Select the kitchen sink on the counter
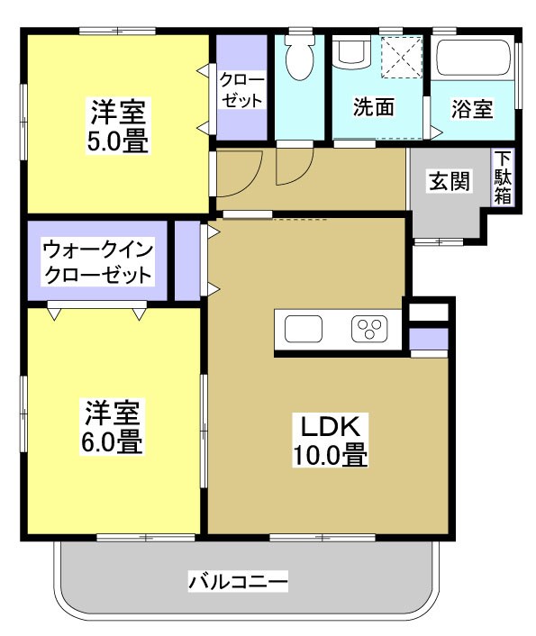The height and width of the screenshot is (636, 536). (303, 330)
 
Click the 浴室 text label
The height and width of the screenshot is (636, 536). (472, 109)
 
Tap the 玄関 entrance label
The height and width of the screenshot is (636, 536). (448, 181)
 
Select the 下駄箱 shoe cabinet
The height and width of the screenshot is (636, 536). (502, 177)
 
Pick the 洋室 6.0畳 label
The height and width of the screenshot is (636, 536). (113, 427)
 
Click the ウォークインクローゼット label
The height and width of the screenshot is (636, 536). (97, 260)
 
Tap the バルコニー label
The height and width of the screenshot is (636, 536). (238, 582)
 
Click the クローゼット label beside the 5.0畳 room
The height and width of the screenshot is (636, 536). (241, 90)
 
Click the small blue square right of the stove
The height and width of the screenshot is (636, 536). (428, 339)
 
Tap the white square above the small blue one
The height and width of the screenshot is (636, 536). (428, 313)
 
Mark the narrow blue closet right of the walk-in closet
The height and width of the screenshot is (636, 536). (186, 260)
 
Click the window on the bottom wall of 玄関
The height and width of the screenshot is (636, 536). (439, 241)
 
